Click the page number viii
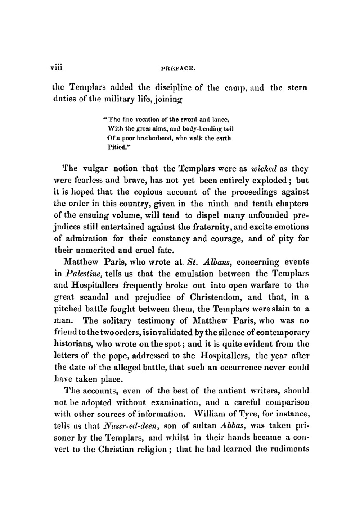pyautogui.click(x=57, y=67)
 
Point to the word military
pyautogui.click(x=131, y=99)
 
